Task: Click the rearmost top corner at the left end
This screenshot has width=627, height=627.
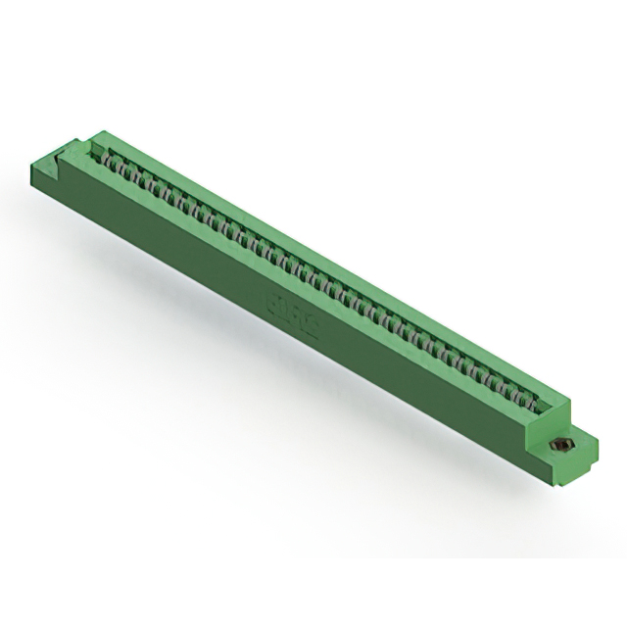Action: click(98, 131)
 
